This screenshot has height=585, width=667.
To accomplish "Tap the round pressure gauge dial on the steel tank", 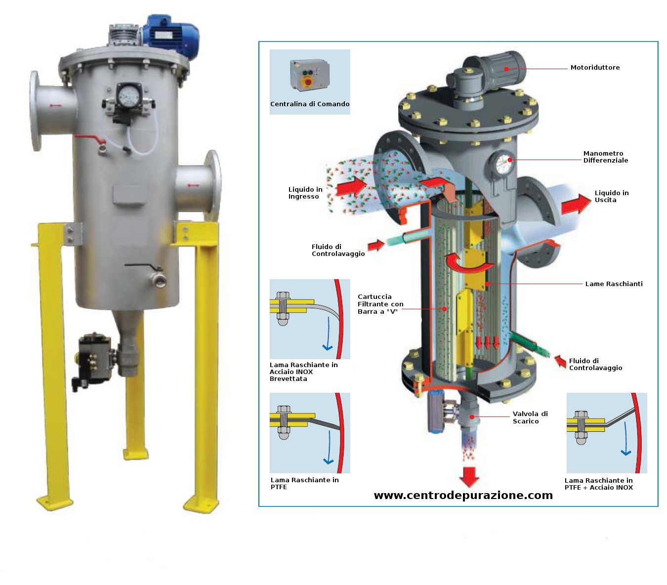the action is [x=129, y=95].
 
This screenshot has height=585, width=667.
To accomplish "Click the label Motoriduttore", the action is [x=594, y=68].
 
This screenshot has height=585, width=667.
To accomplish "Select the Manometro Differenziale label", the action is [x=605, y=157].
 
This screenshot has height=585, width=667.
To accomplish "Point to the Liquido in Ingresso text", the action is [x=305, y=193].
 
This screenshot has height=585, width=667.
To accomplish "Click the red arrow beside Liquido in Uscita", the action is [x=576, y=204].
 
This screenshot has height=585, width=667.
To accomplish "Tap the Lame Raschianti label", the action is [x=613, y=284].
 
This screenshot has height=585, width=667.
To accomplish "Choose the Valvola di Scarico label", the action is [x=530, y=417].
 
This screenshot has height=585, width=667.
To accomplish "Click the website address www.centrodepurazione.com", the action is [x=463, y=495].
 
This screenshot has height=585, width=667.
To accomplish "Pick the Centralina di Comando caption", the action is [x=309, y=104].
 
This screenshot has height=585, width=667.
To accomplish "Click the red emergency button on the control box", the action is [x=308, y=82].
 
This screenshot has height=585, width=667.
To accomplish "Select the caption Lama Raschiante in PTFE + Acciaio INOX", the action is [x=598, y=484].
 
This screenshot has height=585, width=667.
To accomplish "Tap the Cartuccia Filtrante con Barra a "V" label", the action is [x=380, y=304].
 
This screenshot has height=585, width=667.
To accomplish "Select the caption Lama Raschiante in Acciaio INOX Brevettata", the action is [x=303, y=372].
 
